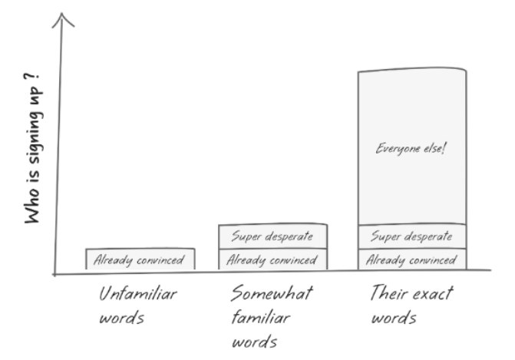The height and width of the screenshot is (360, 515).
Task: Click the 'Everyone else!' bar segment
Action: point(411,147)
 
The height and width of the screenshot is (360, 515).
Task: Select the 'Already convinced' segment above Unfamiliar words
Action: point(140,259)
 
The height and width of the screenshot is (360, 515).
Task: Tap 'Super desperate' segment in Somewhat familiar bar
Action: point(273,236)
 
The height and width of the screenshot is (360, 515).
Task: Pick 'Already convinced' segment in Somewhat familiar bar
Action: point(273,259)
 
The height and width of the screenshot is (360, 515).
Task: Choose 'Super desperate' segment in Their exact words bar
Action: point(411,236)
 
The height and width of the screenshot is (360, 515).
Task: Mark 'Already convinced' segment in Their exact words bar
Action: point(411,259)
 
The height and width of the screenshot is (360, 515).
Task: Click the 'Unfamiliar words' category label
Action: point(138,305)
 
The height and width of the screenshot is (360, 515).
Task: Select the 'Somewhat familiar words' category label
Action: point(272,316)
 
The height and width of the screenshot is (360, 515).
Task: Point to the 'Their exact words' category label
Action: point(411,305)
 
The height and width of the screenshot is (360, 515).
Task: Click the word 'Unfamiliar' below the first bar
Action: point(138,294)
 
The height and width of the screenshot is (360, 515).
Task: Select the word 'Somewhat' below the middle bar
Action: point(272,294)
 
